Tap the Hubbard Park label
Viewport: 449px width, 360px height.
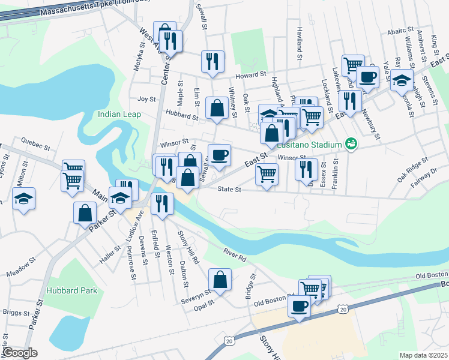[71, 290]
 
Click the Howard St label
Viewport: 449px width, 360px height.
[250, 75]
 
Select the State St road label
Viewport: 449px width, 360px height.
[229, 189]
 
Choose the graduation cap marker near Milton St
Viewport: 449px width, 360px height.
[24, 199]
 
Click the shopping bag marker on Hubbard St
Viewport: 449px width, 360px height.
[217, 108]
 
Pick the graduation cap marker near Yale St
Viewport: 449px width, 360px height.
[402, 79]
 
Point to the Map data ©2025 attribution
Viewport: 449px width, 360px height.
[423, 355]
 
